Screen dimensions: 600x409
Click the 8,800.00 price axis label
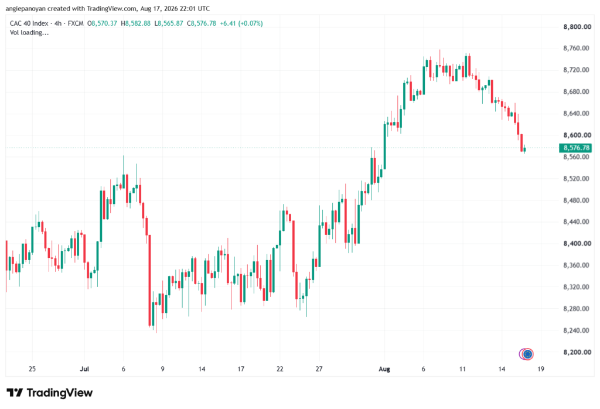[x=577, y=27]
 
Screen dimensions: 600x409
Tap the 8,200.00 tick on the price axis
[x=577, y=352]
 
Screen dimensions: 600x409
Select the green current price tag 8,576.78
[x=575, y=148]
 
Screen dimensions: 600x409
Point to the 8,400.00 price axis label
[x=577, y=243]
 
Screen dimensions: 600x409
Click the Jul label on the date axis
[x=84, y=369]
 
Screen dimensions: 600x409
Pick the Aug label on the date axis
[x=384, y=369]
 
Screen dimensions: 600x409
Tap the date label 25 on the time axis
[x=32, y=369]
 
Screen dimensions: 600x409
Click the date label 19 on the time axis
[x=541, y=369]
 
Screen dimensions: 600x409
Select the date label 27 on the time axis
[x=319, y=369]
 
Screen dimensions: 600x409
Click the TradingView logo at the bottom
[x=49, y=393]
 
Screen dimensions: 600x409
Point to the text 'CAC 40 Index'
[x=29, y=23]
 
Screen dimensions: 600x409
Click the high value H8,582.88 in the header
[x=135, y=23]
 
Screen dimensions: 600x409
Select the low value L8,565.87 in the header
[x=169, y=23]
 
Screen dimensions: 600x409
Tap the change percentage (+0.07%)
[x=251, y=23]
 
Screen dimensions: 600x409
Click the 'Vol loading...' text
[x=29, y=33]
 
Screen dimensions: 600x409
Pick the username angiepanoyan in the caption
[x=25, y=8]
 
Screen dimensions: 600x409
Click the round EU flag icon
[x=528, y=355]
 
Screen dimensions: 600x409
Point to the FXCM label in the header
[x=76, y=23]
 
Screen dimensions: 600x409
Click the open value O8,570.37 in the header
[x=102, y=23]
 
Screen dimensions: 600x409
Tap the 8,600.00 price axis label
[x=577, y=135]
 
